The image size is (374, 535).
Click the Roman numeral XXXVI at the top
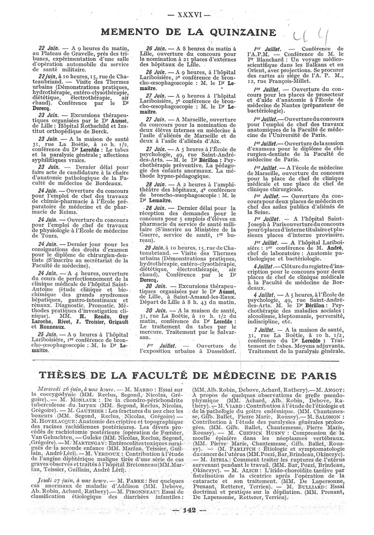[187, 13]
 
